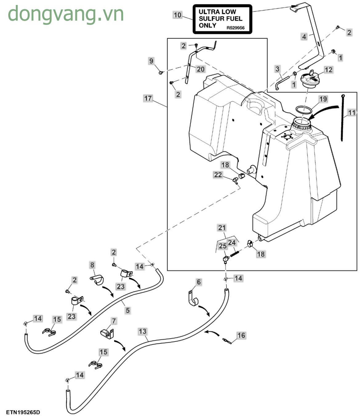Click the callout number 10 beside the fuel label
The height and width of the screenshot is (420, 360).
pyautogui.click(x=178, y=15)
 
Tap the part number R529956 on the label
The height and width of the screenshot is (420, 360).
pyautogui.click(x=235, y=28)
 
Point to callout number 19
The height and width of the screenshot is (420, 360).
pyautogui.click(x=323, y=99)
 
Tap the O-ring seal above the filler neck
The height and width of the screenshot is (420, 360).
pyautogui.click(x=303, y=110)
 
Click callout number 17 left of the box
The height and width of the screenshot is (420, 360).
pyautogui.click(x=148, y=98)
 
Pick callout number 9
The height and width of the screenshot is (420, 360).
pyautogui.click(x=151, y=61)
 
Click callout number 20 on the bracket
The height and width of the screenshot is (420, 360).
pyautogui.click(x=200, y=69)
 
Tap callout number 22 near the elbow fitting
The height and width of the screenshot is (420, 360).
pyautogui.click(x=218, y=175)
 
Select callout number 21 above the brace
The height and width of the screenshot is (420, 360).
pyautogui.click(x=222, y=228)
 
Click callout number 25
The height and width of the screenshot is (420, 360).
pyautogui.click(x=222, y=246)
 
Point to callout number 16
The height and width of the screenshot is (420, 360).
pyautogui.click(x=241, y=335)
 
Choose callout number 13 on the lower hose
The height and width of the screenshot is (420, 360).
pyautogui.click(x=142, y=331)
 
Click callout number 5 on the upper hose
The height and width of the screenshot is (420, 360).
pyautogui.click(x=128, y=310)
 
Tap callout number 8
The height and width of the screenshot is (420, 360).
pyautogui.click(x=92, y=265)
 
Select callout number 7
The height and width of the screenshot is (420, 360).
pyautogui.click(x=114, y=321)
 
